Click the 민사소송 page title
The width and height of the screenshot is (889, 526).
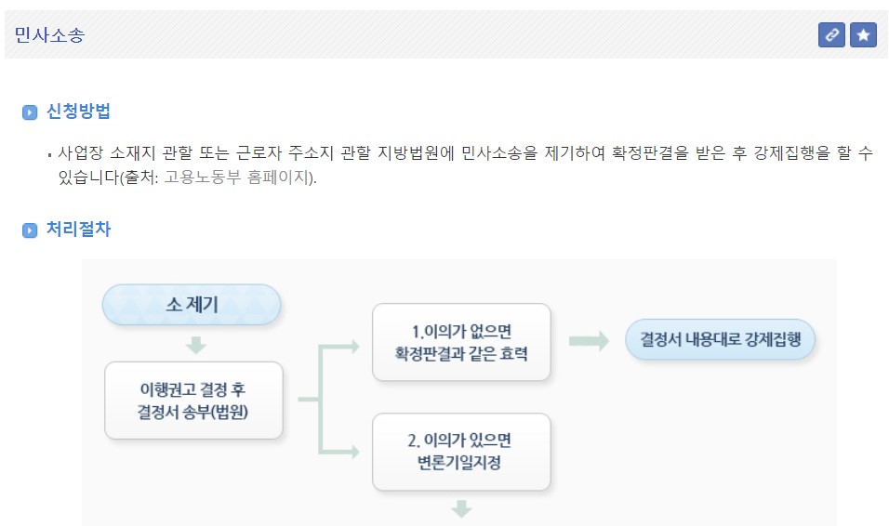click(x=49, y=35)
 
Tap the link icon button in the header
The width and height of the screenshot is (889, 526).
click(x=830, y=35)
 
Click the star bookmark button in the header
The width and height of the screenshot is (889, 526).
click(x=863, y=35)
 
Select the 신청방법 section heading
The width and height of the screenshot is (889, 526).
click(x=78, y=112)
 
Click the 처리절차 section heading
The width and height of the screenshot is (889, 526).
click(x=78, y=230)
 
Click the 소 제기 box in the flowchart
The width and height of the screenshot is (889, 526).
click(x=192, y=305)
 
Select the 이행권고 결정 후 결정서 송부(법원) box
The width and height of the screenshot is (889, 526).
click(x=193, y=400)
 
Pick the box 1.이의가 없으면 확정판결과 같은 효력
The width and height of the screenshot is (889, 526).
click(x=461, y=342)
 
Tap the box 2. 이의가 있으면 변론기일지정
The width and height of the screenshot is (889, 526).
click(x=461, y=452)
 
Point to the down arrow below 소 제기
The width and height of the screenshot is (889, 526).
click(x=195, y=345)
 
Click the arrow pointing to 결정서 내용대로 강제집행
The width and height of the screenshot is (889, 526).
click(x=589, y=341)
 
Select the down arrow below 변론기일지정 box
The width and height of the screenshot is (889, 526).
click(x=462, y=508)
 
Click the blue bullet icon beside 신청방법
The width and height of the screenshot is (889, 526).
click(x=30, y=112)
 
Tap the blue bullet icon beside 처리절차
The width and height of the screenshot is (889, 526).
click(x=30, y=230)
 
